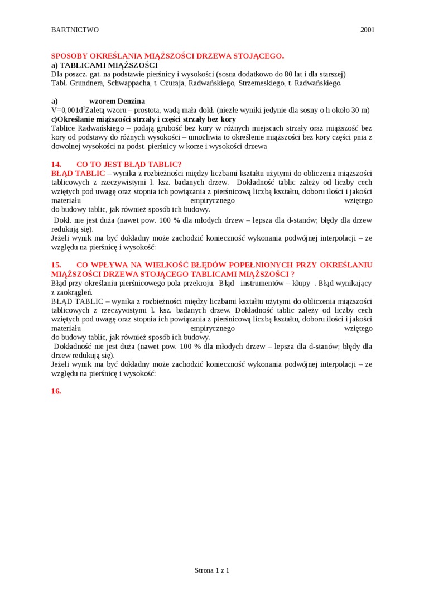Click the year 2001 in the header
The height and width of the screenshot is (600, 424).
pos(367,30)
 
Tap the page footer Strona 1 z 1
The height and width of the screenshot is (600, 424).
pos(212,570)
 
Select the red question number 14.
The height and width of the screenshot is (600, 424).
pos(56,164)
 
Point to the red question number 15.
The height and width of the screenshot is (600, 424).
pos(56,265)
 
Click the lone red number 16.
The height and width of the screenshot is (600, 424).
pos(56,391)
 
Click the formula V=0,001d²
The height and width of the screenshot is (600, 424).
pos(68,110)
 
